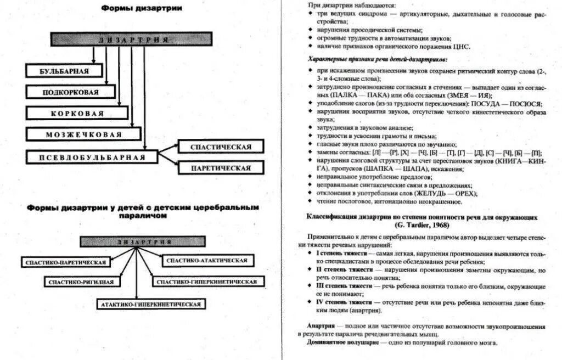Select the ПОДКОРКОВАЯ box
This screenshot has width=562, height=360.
coord(71,92)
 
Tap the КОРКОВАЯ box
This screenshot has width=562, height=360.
coord(77,114)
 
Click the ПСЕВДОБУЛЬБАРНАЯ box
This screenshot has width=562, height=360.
coord(92,157)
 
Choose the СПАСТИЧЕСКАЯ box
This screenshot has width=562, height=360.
coord(221,147)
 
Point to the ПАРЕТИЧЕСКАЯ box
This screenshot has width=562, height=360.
coord(221,168)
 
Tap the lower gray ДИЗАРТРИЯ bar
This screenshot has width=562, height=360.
coord(143,241)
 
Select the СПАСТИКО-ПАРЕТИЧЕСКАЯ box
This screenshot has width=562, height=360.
coord(65,262)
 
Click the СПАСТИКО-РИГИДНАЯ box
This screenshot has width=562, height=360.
coord(81,282)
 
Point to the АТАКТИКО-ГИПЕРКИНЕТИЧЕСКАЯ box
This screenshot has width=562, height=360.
coord(150,303)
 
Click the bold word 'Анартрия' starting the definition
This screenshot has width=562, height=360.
coord(322,326)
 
